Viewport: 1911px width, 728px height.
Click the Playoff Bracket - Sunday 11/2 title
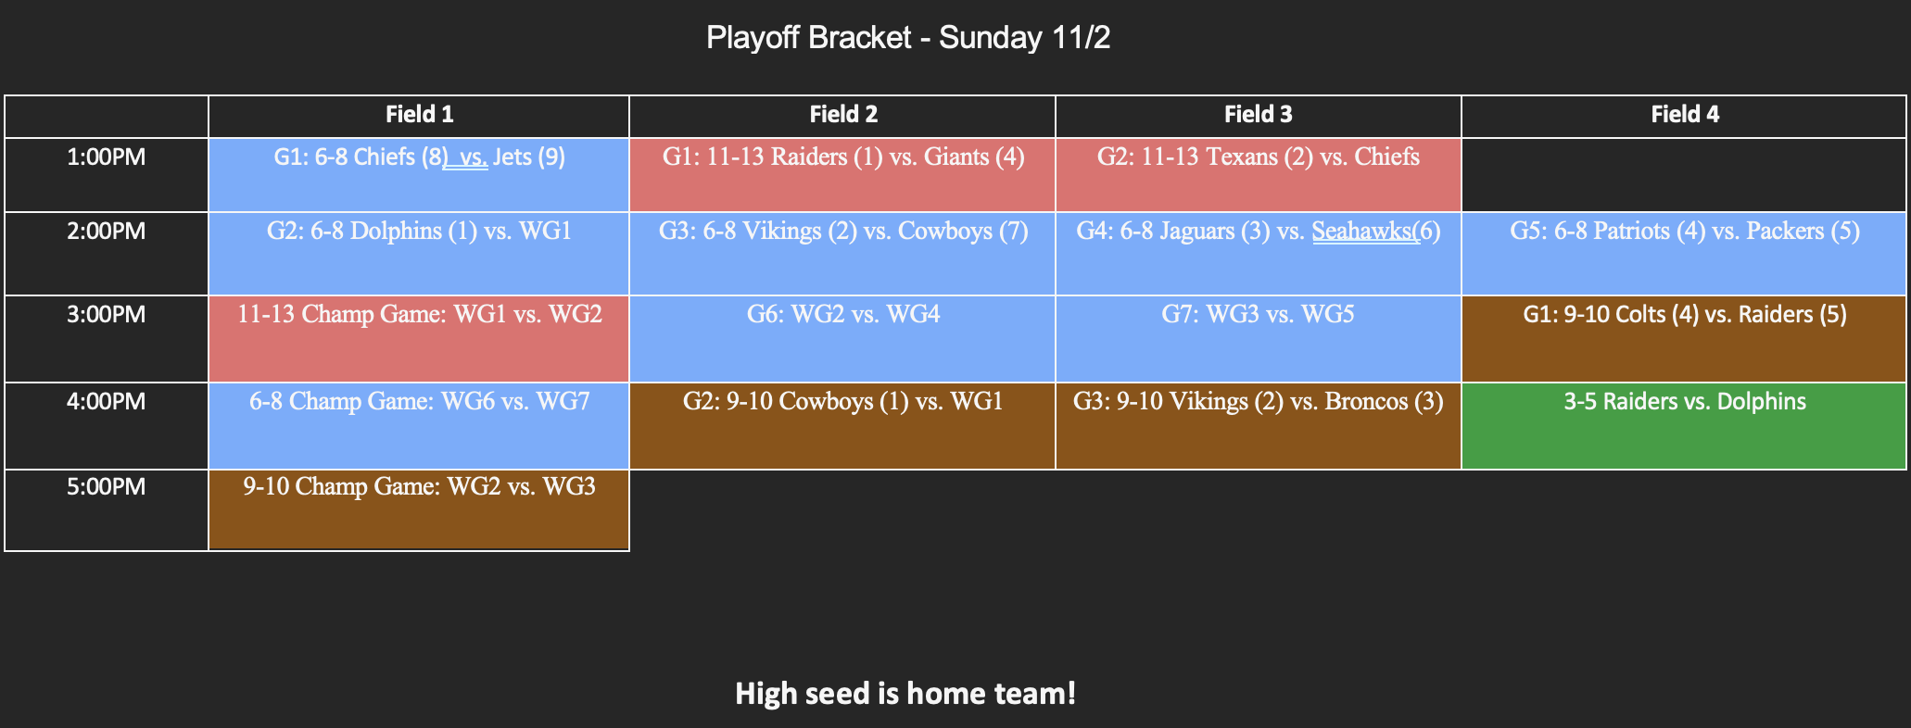pyautogui.click(x=907, y=38)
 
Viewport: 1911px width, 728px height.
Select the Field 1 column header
pyautogui.click(x=419, y=115)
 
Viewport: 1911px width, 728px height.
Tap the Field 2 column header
pyautogui.click(x=842, y=115)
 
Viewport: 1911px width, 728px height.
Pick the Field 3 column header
pyautogui.click(x=1258, y=115)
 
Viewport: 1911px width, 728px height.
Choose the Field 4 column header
pyautogui.click(x=1684, y=115)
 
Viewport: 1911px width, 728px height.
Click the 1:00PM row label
pyautogui.click(x=107, y=157)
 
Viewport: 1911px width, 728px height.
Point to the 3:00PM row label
pyautogui.click(x=107, y=315)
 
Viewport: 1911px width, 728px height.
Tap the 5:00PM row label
pyautogui.click(x=107, y=487)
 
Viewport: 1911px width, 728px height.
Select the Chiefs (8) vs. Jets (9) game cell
pyautogui.click(x=419, y=174)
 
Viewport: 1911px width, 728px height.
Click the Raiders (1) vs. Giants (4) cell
pyautogui.click(x=842, y=174)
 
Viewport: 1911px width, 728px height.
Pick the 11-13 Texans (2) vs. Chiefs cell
pyautogui.click(x=1258, y=174)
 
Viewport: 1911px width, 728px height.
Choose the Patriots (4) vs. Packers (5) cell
pyautogui.click(x=1684, y=253)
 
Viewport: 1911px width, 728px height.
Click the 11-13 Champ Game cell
pyautogui.click(x=419, y=338)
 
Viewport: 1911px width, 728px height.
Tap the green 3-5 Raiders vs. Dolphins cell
pyautogui.click(x=1684, y=425)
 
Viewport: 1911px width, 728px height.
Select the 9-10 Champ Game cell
pyautogui.click(x=419, y=509)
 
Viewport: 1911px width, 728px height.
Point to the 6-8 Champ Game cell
pyautogui.click(x=419, y=425)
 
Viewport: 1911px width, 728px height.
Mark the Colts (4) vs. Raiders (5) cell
pyautogui.click(x=1684, y=338)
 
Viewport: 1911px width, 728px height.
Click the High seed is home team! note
pyautogui.click(x=905, y=693)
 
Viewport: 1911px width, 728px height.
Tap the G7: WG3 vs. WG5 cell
pyautogui.click(x=1258, y=338)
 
